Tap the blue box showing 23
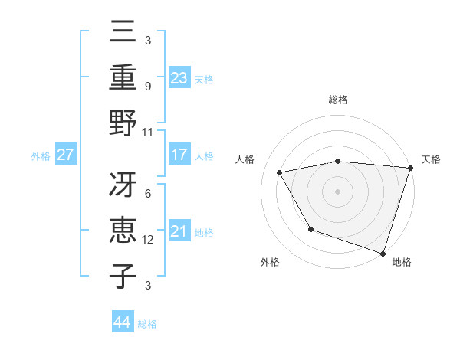[179, 77]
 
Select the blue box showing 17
[179, 155]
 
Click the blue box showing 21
[179, 231]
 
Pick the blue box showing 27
[66, 155]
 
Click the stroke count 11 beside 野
[148, 132]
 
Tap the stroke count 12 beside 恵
[148, 240]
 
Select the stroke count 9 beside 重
[148, 87]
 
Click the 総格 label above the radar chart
[338, 100]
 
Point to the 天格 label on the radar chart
[431, 159]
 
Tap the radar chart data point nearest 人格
[280, 172]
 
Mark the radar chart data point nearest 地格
[382, 253]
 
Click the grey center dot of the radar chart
[338, 191]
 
